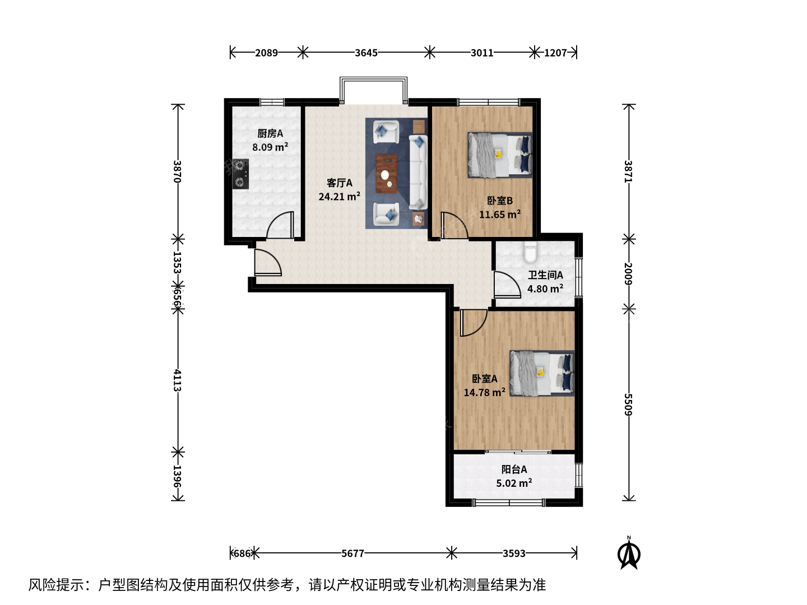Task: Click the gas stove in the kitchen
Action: pyautogui.click(x=240, y=174)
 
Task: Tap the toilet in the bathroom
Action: pyautogui.click(x=530, y=252)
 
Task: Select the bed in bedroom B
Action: pyautogui.click(x=500, y=155)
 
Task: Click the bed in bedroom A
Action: pyautogui.click(x=542, y=373)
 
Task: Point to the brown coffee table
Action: pyautogui.click(x=386, y=174)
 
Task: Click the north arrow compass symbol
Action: pyautogui.click(x=629, y=553)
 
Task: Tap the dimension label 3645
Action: pyautogui.click(x=366, y=53)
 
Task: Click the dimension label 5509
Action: pyautogui.click(x=628, y=404)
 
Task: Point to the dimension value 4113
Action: pyautogui.click(x=178, y=380)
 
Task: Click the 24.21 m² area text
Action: pyautogui.click(x=340, y=196)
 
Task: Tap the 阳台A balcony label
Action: pyautogui.click(x=514, y=469)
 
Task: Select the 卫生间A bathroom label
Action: pyautogui.click(x=545, y=274)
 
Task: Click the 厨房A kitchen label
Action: pyautogui.click(x=270, y=133)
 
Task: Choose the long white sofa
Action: pyautogui.click(x=419, y=173)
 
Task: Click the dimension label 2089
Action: pyautogui.click(x=267, y=53)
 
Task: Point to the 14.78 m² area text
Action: pyautogui.click(x=484, y=392)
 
